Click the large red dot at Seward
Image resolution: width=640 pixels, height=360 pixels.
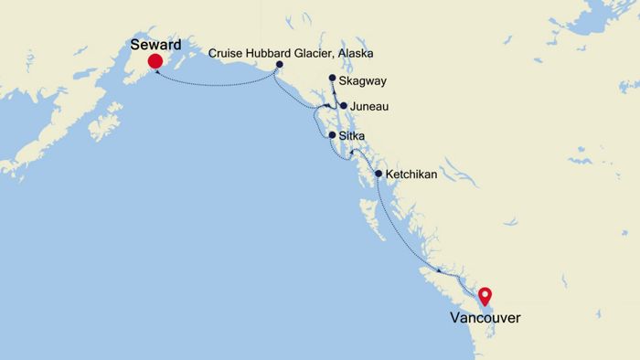155,62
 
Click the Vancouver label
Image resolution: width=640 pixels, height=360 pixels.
485,318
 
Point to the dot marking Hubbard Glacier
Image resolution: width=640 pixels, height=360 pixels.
279,64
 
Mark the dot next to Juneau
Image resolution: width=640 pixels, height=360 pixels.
343,106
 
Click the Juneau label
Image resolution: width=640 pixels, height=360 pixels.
369,107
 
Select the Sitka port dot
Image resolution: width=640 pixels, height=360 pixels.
331,135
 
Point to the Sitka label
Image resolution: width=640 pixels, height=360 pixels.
352,136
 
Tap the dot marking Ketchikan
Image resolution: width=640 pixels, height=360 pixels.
378,173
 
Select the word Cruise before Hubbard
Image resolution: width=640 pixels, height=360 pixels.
226,52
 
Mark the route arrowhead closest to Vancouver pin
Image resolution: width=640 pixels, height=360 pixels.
473,291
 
